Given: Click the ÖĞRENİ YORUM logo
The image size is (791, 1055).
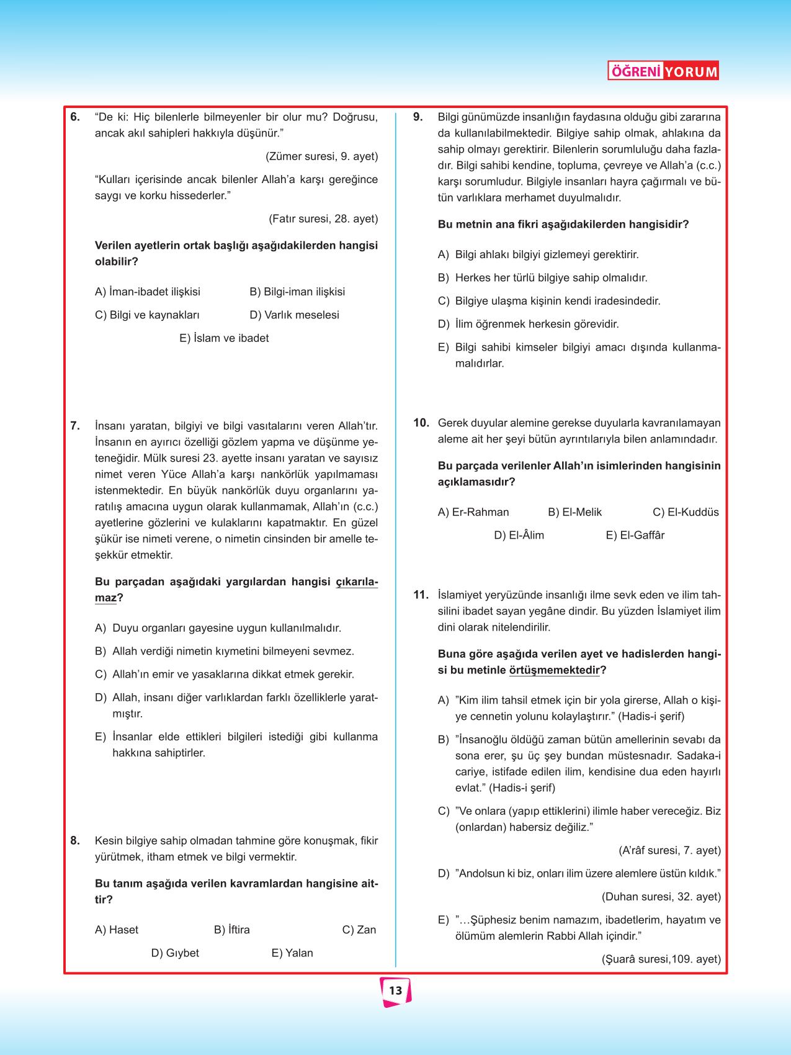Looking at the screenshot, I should tap(663, 71).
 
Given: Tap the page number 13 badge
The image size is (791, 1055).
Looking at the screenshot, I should tap(396, 991).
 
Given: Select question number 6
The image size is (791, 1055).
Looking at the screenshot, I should tap(75, 117).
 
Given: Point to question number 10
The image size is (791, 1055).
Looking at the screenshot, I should tap(421, 423).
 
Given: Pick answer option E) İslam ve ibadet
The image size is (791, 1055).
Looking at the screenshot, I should tap(224, 338).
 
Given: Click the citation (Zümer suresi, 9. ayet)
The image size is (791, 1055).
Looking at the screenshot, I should tap(321, 156).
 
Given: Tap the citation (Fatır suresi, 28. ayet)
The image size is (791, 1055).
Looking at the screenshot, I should tap(323, 218).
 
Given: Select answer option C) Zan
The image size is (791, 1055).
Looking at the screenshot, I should tap(359, 930).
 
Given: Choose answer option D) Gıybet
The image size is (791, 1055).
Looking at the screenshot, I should tap(175, 953).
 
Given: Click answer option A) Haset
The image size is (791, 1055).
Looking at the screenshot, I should tap(117, 930).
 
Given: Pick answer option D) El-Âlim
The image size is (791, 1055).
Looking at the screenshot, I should tap(519, 535).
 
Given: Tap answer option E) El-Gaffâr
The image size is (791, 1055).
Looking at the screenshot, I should tap(635, 535).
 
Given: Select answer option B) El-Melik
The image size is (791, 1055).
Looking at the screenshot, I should tap(574, 512).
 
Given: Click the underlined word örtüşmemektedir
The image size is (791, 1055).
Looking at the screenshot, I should tap(555, 670).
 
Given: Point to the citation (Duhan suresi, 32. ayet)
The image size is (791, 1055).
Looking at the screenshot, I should tap(661, 897).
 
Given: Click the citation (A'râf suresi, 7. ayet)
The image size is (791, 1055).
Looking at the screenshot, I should tap(669, 850).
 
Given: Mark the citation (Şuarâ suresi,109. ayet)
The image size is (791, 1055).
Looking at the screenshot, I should tap(661, 959).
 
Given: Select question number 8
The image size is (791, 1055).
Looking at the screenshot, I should tap(75, 841).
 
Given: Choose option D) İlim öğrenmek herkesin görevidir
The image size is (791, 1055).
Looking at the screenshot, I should tap(528, 324).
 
